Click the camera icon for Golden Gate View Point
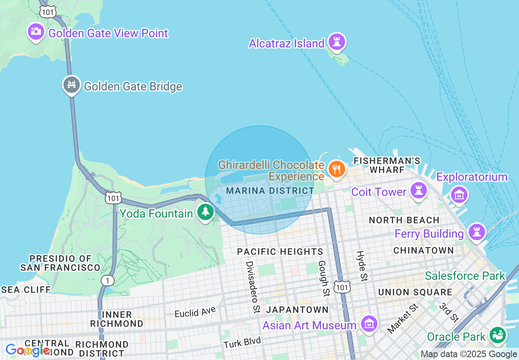tap(36, 32)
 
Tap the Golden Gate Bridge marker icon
tap(72, 85)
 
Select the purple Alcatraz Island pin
tap(337, 42)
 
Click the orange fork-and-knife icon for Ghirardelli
tap(336, 169)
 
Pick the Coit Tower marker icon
tap(418, 191)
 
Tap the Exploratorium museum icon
tap(459, 195)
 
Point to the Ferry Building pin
tap(476, 232)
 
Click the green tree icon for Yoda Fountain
tap(205, 212)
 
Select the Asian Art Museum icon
tap(369, 324)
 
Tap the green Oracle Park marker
tap(498, 335)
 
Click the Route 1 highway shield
tap(108, 281)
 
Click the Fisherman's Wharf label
tap(387, 165)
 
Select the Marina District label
tap(270, 191)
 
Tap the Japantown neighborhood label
tap(297, 310)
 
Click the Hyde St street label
tap(362, 266)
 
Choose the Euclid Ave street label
tap(195, 313)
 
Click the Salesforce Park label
tap(465, 276)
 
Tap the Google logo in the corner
tap(27, 350)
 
